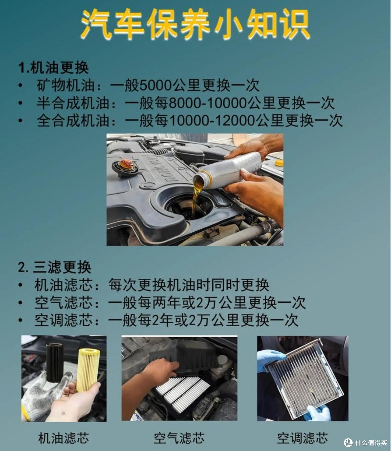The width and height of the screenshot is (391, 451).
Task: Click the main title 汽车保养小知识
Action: click(195, 24)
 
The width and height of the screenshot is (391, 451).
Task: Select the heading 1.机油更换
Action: click(54, 67)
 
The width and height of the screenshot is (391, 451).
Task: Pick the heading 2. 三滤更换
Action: click(55, 268)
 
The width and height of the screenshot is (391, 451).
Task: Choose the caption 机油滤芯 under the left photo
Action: click(64, 438)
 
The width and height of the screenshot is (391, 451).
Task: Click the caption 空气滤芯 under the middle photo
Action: click(179, 438)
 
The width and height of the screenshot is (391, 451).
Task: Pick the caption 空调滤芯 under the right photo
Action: click(302, 438)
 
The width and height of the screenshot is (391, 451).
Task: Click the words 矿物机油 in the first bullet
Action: click(66, 85)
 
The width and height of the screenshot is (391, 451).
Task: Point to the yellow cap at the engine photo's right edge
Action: click(279, 164)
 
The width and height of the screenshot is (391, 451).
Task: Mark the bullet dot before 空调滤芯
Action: click(21, 320)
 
